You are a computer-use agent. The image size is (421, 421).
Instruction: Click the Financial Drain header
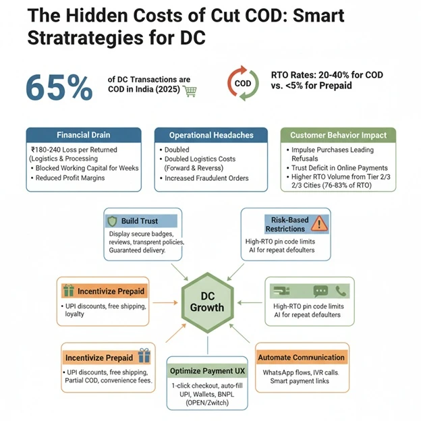point(83,135)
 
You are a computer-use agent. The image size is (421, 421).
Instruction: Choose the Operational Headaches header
point(210,135)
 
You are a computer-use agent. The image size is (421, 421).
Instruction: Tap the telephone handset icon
point(341,291)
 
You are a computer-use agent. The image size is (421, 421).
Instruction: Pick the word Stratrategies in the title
point(69,38)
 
